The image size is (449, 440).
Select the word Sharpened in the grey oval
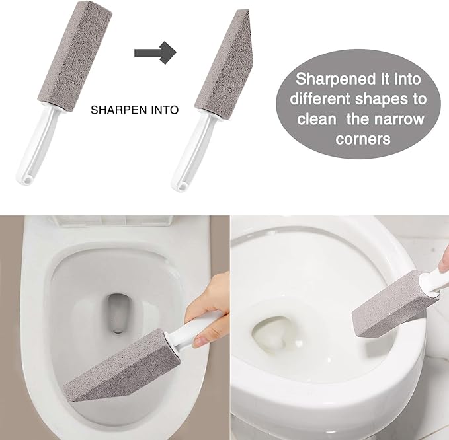[330, 79]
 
